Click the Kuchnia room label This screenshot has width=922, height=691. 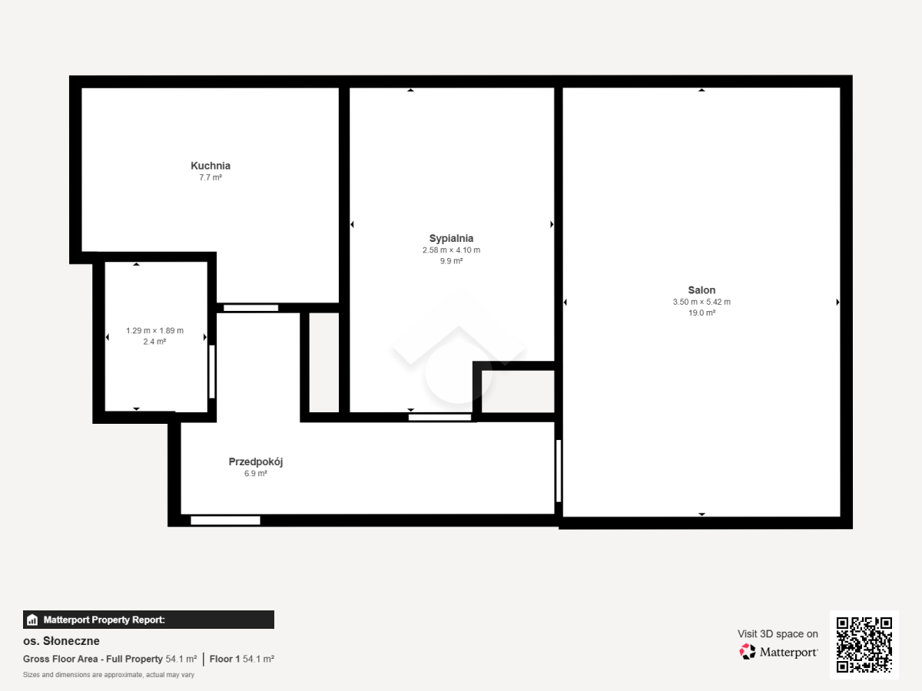pos(211,166)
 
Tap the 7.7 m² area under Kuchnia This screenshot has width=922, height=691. pos(211,177)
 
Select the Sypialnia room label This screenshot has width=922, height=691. pos(451,238)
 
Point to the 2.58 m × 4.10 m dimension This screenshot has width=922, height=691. pos(451,250)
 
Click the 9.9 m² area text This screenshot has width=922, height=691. pos(451,261)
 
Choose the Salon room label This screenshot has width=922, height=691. pos(701,290)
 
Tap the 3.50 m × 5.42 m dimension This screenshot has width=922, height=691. pos(701,302)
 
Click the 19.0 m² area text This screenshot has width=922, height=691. pos(701,312)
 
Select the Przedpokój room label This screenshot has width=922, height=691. pos(255,462)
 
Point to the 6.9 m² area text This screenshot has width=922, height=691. pos(255,474)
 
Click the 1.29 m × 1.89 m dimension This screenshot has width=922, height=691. pos(154,331)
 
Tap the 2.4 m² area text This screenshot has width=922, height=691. pos(154,342)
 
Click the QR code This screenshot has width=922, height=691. pos(864,644)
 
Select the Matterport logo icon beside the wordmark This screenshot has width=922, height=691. pos(748,652)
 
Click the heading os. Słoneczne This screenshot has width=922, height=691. pos(61,641)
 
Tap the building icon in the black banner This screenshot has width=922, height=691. pos(32,620)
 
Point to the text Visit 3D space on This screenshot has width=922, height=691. pos(778,634)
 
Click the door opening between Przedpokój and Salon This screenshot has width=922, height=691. pos(559,471)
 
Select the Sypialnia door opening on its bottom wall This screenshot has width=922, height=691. pos(439,417)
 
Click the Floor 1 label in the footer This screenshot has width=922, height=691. pos(224,659)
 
